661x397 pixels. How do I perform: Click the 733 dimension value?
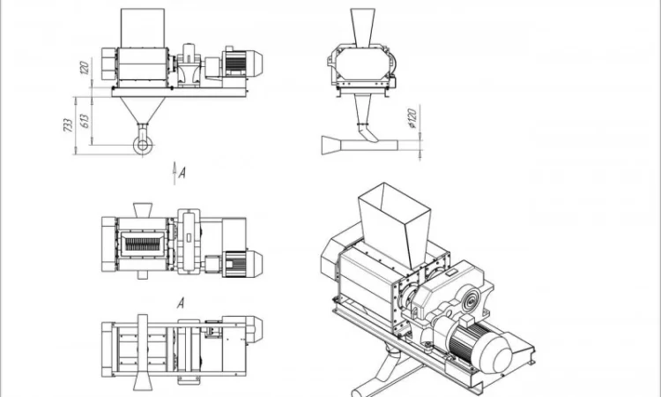(68, 125)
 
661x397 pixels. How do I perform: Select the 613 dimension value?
(85, 121)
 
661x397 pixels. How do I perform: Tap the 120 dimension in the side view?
(85, 68)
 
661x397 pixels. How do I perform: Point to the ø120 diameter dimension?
(412, 118)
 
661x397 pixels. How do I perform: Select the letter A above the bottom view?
(181, 303)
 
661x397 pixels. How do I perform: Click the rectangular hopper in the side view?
(143, 28)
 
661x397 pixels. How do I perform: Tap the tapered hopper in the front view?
(362, 28)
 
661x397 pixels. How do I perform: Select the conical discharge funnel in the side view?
(143, 110)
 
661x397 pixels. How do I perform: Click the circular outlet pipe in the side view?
(143, 146)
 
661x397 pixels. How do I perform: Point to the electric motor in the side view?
(242, 64)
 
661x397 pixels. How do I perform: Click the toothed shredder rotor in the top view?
(143, 243)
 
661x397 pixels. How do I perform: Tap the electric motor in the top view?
(242, 264)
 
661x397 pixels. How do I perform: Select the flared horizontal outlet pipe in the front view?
(360, 146)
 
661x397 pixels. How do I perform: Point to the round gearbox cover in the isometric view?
(470, 302)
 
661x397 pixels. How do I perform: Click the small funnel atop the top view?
(143, 210)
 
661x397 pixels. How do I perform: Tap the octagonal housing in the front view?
(362, 64)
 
